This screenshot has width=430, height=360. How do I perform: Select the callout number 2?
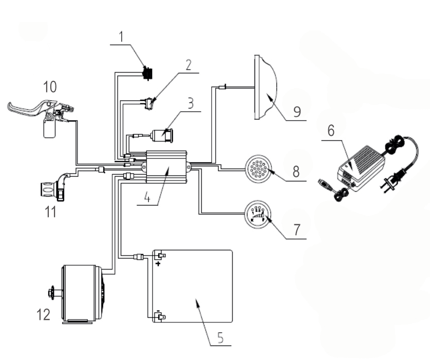point(189,65)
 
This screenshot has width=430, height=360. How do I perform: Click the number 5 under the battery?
point(220,337)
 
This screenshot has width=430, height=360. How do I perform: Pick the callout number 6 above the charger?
point(331,131)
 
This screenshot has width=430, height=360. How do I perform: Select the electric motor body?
point(82,294)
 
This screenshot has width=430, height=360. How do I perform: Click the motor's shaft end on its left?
point(51,293)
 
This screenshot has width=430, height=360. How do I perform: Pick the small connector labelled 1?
point(147,73)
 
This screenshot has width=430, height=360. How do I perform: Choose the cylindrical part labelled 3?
point(164,136)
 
